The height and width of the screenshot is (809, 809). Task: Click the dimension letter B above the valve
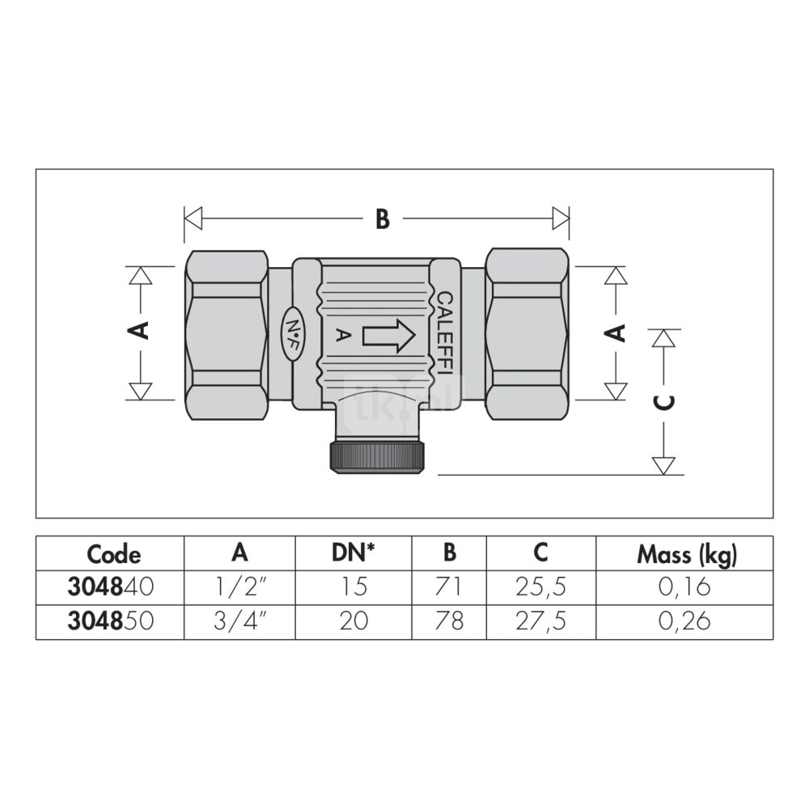tap(383, 218)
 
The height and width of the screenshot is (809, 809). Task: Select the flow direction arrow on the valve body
tap(389, 336)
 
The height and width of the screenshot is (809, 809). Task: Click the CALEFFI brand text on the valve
tap(445, 336)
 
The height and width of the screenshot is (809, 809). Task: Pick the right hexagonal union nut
tap(527, 333)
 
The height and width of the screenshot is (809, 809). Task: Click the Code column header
tap(113, 555)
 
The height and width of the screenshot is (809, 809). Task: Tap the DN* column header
tap(353, 553)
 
